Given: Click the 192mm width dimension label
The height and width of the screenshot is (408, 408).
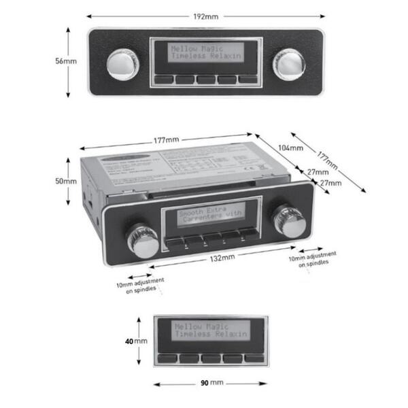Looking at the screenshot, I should tap(205, 14).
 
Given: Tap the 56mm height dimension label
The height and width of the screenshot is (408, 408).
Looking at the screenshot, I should tap(66, 61).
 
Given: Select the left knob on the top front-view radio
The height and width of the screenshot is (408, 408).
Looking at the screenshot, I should tap(121, 63).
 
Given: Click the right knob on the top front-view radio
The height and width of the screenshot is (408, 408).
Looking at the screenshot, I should tap(288, 63).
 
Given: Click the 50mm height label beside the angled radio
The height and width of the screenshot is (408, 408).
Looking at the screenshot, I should tap(66, 182).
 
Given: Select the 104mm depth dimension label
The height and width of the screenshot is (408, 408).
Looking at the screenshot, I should tap(290, 147).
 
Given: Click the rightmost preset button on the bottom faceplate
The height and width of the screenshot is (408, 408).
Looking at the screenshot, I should tap(254, 357).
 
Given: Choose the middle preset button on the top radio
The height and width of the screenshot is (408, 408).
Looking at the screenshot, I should tap(205, 79).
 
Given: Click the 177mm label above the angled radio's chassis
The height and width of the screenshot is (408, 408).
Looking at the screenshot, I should tap(166, 140).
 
